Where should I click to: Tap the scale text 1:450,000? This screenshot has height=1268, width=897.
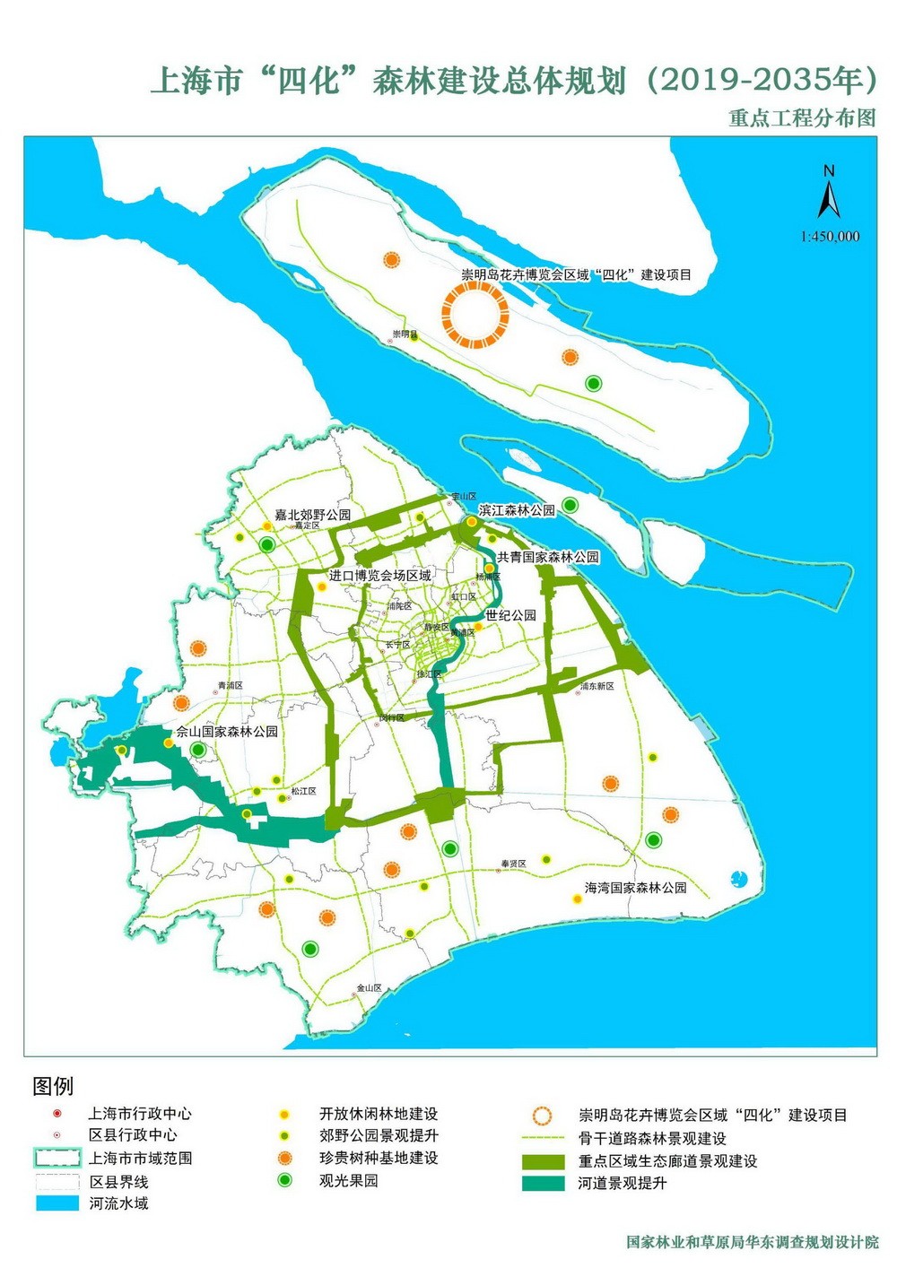click(x=830, y=237)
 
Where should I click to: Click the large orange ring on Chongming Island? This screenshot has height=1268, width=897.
click(x=475, y=315)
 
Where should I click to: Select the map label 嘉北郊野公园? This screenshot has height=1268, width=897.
click(x=313, y=515)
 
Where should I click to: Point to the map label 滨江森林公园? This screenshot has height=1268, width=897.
click(x=517, y=510)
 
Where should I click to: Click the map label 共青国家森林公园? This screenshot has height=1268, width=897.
click(x=548, y=557)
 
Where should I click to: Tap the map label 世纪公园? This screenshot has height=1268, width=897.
click(x=510, y=615)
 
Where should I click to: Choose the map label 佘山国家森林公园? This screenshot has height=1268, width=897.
click(x=227, y=732)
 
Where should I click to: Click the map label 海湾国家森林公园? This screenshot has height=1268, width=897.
click(x=635, y=888)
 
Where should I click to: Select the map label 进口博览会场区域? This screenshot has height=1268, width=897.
click(x=380, y=576)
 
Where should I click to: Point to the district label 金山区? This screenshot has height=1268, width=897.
click(x=369, y=987)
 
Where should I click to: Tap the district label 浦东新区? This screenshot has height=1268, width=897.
click(x=597, y=686)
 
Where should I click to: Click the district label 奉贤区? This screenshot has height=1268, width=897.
click(x=513, y=864)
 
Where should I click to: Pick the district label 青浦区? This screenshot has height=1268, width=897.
click(x=231, y=686)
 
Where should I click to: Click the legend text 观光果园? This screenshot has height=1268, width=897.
click(x=348, y=1181)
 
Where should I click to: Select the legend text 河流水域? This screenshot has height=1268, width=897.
click(x=118, y=1203)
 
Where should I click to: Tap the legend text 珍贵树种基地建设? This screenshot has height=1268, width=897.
click(x=379, y=1158)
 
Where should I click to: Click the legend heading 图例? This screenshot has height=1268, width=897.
click(x=53, y=1086)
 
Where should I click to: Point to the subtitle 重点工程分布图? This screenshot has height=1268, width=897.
click(x=801, y=118)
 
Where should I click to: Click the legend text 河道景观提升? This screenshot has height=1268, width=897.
click(x=623, y=1184)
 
